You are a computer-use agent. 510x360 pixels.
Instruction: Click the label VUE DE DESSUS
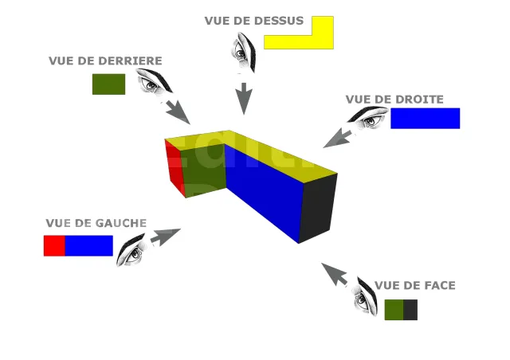pos(253,21)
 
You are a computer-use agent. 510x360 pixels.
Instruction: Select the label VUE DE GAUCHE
pos(96,223)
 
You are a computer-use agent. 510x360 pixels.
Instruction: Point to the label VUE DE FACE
pos(414,285)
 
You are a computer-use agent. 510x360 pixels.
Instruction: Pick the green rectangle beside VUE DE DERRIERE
pos(108,84)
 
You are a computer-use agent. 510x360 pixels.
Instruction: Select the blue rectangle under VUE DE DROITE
pos(425,118)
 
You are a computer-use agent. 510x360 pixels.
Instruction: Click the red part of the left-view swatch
pos(54,245)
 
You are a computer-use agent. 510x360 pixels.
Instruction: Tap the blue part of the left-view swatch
pos(88,245)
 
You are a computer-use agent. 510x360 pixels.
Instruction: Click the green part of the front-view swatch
pos(394,310)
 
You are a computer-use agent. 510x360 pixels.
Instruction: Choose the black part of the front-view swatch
pos(410,310)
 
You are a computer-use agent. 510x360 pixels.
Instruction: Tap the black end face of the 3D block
pos(318,206)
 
